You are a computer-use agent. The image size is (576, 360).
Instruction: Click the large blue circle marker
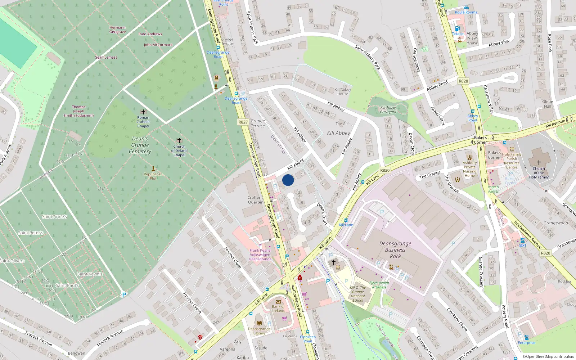pyautogui.click(x=288, y=180)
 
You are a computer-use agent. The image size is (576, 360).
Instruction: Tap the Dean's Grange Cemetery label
pyautogui.click(x=140, y=145)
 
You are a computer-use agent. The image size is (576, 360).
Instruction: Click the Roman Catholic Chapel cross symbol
pyautogui.click(x=143, y=112)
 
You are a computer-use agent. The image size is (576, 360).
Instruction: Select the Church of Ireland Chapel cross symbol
pyautogui.click(x=179, y=140)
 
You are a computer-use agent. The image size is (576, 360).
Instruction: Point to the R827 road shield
pyautogui.click(x=243, y=122)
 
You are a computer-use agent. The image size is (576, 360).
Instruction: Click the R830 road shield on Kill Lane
pyautogui.click(x=385, y=170)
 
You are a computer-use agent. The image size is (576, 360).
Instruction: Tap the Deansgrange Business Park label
pyautogui.click(x=395, y=250)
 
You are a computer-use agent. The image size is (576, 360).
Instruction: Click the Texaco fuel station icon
pyautogui.click(x=457, y=28)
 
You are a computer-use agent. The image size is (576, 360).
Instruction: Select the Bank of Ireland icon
pyautogui.click(x=278, y=302)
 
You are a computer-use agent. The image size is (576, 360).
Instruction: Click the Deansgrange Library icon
pyautogui.click(x=259, y=323)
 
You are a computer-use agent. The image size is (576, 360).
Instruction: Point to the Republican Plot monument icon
pyautogui.click(x=153, y=168)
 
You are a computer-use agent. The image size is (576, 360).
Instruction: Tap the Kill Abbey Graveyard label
pyautogui.click(x=388, y=109)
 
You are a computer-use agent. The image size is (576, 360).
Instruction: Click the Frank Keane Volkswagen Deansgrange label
pyautogui.click(x=260, y=255)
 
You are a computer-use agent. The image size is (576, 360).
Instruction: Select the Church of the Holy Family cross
pyautogui.click(x=539, y=163)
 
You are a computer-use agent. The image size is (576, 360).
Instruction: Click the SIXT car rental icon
pyautogui.click(x=522, y=240)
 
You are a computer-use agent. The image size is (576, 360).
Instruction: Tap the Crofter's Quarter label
pyautogui.click(x=255, y=200)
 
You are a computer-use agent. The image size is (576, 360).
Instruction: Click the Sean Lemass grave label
pyautogui.click(x=106, y=57)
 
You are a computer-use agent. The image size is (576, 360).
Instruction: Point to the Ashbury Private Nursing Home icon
pyautogui.click(x=469, y=157)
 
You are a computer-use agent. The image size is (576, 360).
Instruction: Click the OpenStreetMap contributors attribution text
pyautogui.click(x=548, y=356)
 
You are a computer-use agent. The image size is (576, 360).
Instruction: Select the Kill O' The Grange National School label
pyautogui.click(x=357, y=294)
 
